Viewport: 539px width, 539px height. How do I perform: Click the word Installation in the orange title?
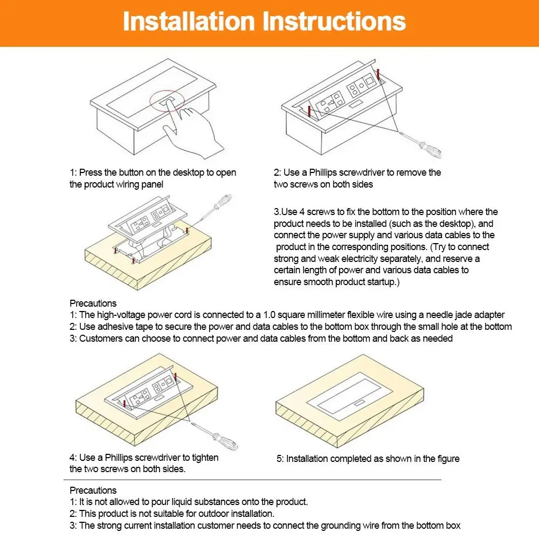point(189,22)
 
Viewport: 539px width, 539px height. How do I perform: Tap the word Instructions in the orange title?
point(334,22)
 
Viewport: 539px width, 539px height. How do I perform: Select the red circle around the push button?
point(167,101)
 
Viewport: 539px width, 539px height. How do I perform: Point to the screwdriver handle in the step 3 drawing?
point(223,202)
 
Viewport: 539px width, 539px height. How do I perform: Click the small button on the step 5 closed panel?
point(359,403)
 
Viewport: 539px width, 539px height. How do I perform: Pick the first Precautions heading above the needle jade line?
point(93,303)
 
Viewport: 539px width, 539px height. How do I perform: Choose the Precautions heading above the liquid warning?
point(93,490)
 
